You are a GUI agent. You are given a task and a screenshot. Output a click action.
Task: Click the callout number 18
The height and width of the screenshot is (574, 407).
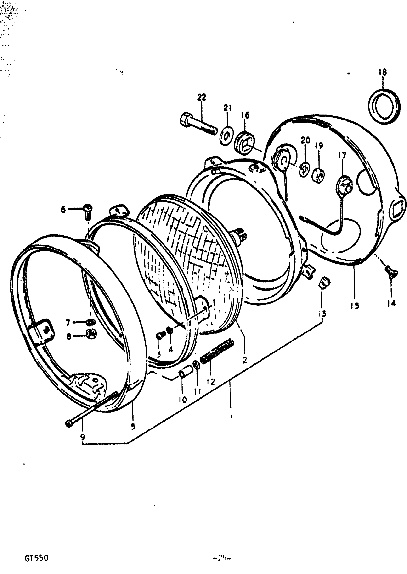coord(382,72)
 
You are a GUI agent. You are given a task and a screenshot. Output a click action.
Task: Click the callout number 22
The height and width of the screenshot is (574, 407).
coord(202,97)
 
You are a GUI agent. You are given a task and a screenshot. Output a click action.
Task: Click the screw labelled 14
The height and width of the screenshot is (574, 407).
coord(391,273)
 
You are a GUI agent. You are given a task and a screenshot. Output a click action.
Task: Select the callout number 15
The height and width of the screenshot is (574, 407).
coord(355,306)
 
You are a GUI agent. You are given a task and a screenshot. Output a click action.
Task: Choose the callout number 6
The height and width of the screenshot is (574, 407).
coord(63,209)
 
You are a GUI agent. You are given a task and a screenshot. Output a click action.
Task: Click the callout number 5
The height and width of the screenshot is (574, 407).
coord(133,426)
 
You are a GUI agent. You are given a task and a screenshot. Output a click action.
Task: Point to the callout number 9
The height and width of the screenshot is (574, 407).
coord(82,437)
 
